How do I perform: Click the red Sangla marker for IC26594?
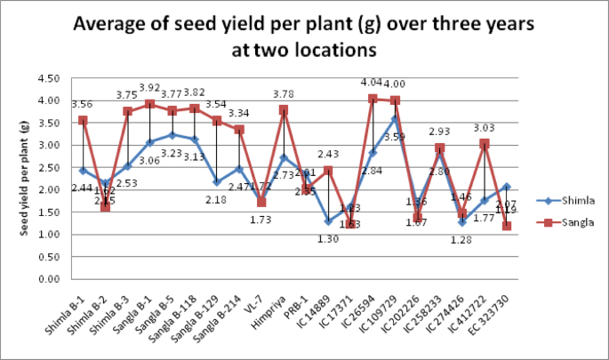(x=373, y=99)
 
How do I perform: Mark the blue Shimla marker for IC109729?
(x=395, y=119)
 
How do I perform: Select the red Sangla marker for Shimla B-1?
(x=83, y=120)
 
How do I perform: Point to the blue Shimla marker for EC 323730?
(x=506, y=187)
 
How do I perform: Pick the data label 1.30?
(x=326, y=238)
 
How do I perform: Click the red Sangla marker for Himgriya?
(x=283, y=110)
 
